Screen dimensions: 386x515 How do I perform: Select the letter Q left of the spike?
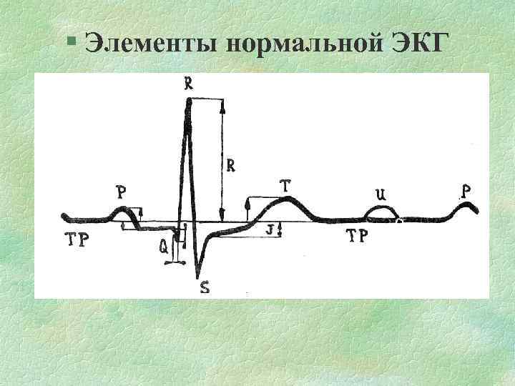coord(164,247)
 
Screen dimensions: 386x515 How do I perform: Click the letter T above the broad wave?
coord(285,186)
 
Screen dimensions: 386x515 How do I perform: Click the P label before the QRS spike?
coord(122,192)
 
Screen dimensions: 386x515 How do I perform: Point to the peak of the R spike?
coord(189,102)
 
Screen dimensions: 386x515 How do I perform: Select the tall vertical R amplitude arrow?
coord(223,161)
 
